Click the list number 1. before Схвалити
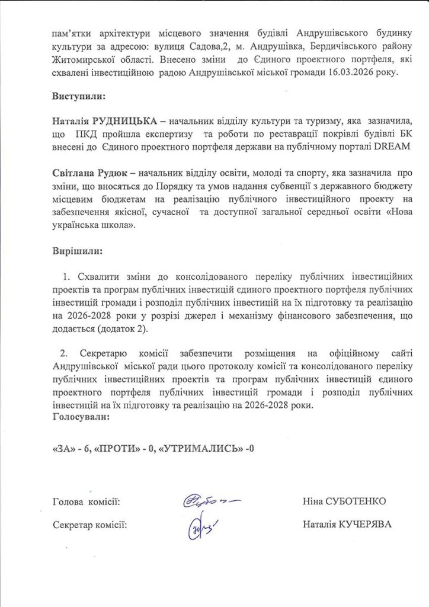[66, 277]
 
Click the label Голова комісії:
[86, 503]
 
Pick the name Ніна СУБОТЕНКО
[344, 502]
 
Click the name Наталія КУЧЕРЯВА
[347, 525]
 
